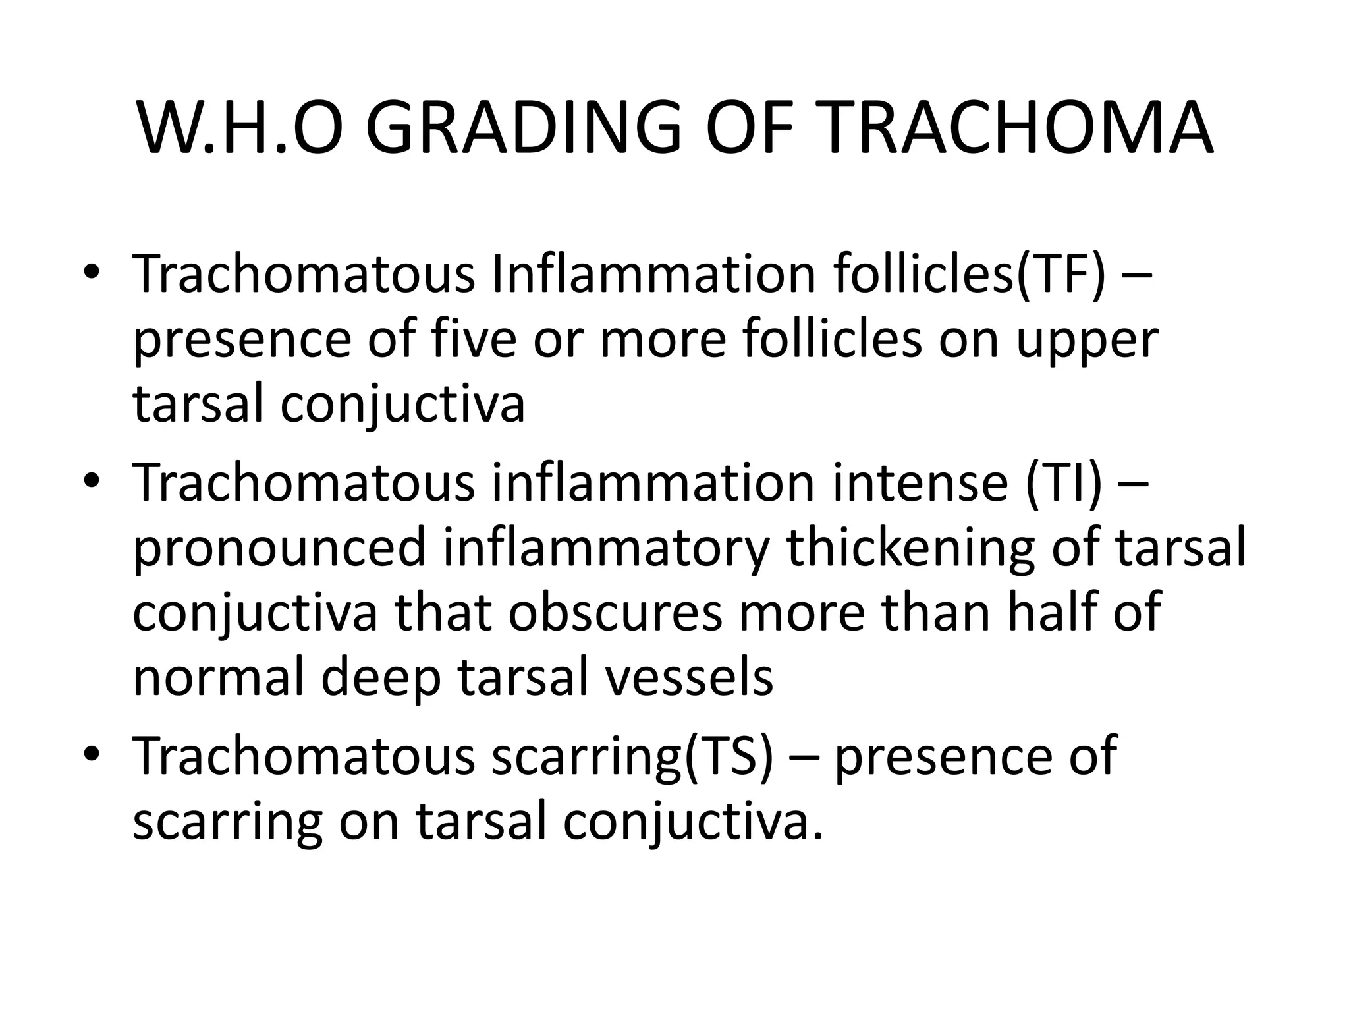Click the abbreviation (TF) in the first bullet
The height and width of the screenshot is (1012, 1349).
point(1061,275)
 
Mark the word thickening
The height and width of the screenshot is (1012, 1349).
point(912,549)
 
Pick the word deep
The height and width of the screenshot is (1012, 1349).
point(380,679)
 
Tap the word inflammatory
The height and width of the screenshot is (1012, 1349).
point(606,549)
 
